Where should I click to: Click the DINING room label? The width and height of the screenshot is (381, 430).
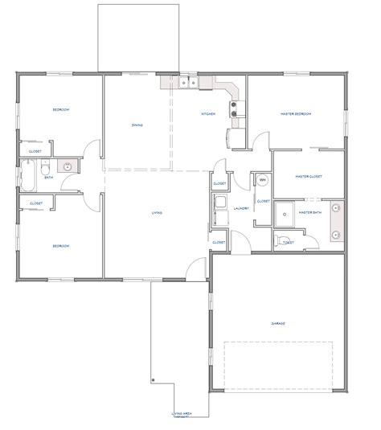click(137, 125)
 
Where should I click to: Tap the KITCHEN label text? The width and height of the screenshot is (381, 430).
click(207, 114)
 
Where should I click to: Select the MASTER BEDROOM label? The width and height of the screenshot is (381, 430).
click(295, 114)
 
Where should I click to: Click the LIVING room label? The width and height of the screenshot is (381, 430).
click(158, 212)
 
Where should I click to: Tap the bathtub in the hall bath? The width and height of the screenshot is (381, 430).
click(30, 176)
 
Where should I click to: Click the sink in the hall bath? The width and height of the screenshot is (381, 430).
click(68, 167)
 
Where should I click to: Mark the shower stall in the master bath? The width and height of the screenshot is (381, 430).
click(282, 212)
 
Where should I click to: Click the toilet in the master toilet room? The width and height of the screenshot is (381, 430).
click(278, 241)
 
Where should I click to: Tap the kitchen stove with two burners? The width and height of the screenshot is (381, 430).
click(235, 108)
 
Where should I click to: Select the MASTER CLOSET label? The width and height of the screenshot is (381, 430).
click(308, 176)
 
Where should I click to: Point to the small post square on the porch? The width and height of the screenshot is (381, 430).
click(150, 379)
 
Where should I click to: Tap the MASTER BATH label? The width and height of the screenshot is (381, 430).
click(309, 212)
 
